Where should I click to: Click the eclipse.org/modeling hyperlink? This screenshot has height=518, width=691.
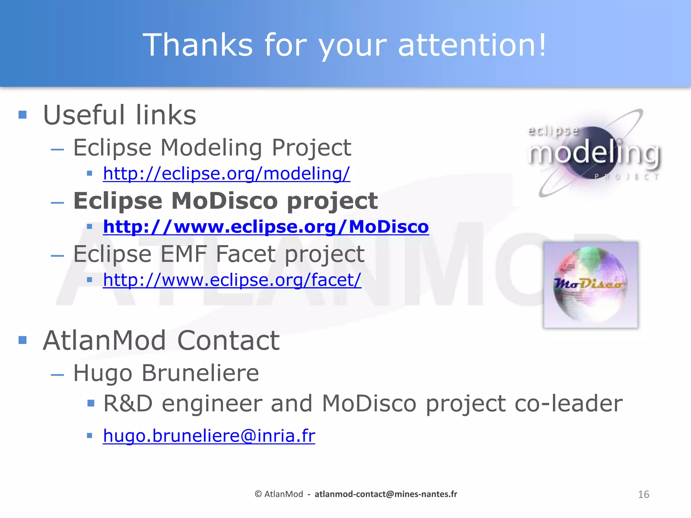226,174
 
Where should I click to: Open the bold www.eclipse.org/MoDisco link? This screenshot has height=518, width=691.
266,227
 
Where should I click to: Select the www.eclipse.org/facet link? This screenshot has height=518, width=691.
232,280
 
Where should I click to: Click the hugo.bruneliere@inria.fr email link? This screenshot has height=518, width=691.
209,436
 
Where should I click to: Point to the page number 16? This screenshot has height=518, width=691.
643,494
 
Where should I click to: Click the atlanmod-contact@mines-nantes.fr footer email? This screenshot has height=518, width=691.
386,494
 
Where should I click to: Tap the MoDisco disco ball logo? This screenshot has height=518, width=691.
590,285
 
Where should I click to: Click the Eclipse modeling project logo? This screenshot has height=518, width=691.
594,153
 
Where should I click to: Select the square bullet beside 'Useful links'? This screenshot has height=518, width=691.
23,115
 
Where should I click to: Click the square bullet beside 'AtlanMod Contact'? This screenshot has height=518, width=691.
23,340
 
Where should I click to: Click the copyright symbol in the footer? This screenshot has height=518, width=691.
258,494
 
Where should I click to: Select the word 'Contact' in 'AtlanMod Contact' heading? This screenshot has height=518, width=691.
228,341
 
